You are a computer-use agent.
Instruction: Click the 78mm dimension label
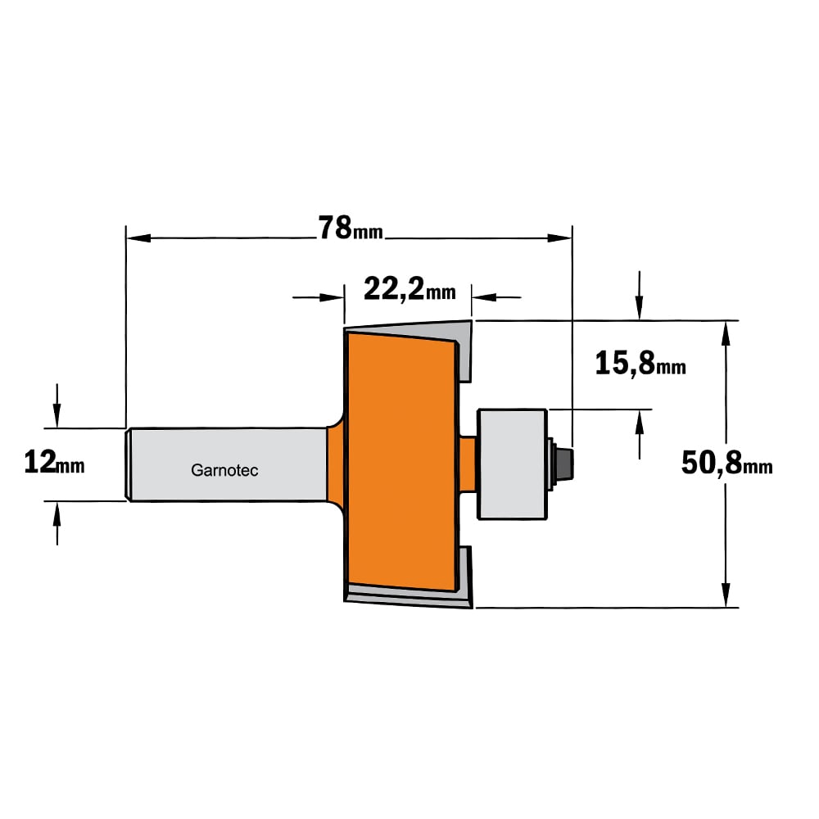pyautogui.click(x=351, y=229)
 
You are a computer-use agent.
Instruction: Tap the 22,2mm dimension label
pyautogui.click(x=409, y=289)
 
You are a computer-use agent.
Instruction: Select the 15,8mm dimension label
pyautogui.click(x=640, y=364)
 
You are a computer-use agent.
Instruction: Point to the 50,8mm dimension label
pyautogui.click(x=727, y=463)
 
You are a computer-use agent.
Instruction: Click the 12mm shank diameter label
pyautogui.click(x=54, y=463)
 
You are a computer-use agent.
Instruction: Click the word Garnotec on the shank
pyautogui.click(x=224, y=470)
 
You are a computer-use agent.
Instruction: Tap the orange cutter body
pyautogui.click(x=401, y=462)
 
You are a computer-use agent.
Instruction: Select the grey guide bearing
pyautogui.click(x=513, y=464)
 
